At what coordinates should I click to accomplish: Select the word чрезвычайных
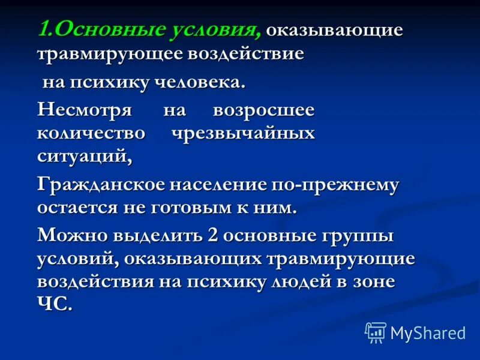pos(244,133)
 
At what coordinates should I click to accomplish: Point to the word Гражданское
pos(100,185)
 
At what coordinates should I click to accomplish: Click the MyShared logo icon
pos(376,332)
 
